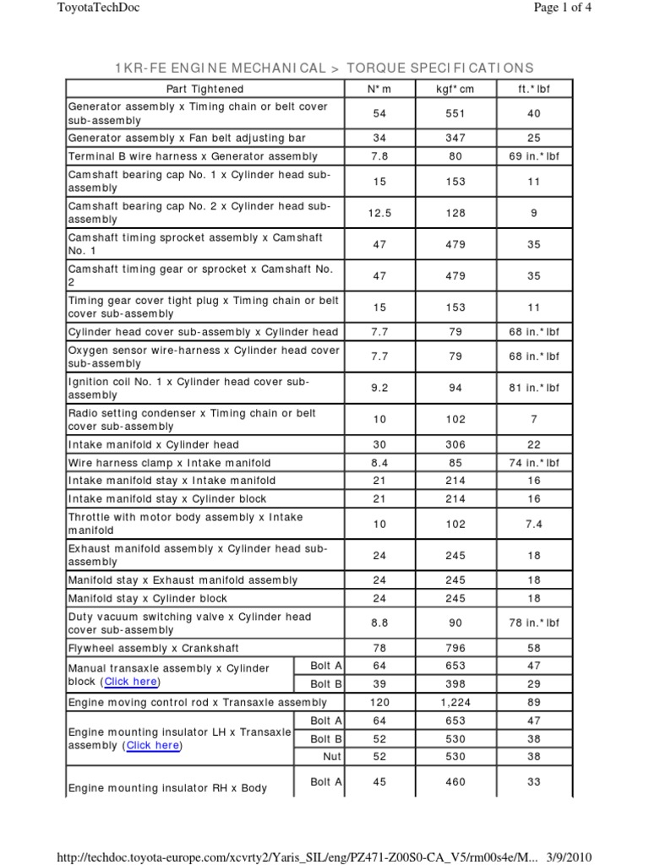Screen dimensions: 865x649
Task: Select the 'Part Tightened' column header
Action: (x=205, y=89)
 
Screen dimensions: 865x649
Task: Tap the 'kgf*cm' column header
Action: (x=455, y=89)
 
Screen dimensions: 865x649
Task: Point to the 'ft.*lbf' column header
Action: (x=533, y=89)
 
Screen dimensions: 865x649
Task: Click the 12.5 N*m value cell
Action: (x=379, y=213)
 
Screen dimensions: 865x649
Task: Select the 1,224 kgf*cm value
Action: (x=455, y=702)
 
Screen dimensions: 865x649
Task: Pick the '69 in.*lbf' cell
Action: (x=533, y=156)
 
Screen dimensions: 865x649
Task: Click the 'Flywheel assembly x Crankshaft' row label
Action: (x=153, y=648)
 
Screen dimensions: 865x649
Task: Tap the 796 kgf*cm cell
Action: (x=455, y=648)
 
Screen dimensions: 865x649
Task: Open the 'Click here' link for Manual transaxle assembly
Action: (x=131, y=682)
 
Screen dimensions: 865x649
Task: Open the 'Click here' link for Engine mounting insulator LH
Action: (x=153, y=745)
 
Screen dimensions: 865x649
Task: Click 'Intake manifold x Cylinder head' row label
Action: (x=153, y=444)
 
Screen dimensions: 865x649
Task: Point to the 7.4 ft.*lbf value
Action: (x=533, y=524)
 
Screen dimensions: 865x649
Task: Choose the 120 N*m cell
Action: (x=379, y=702)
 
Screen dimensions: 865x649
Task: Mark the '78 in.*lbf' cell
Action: (x=533, y=623)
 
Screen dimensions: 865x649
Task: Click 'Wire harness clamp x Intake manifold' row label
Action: (x=169, y=463)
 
